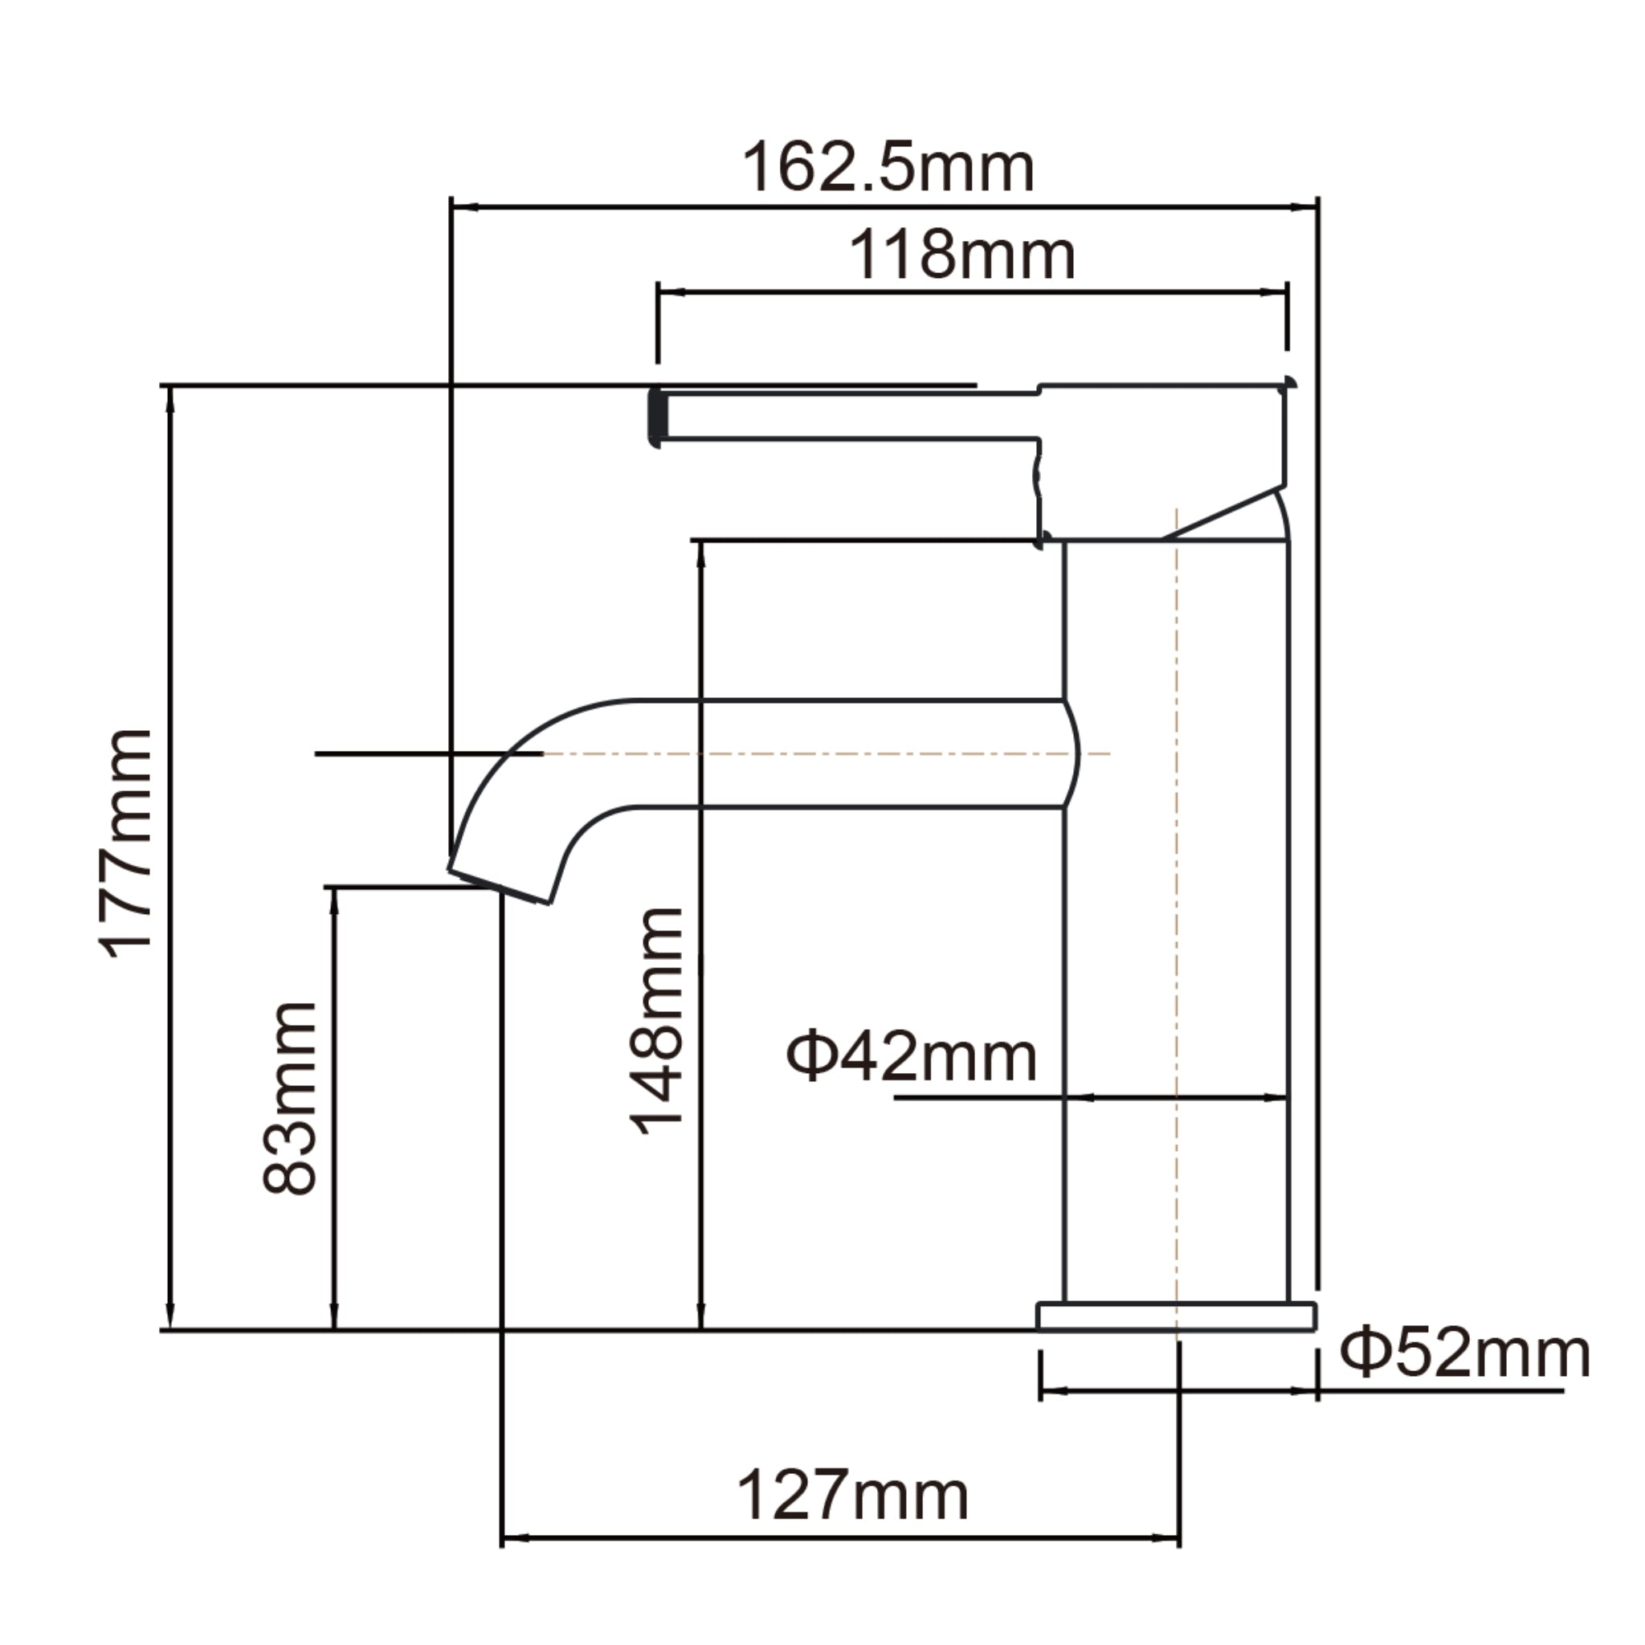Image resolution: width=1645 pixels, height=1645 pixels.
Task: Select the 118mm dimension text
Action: [x=962, y=255]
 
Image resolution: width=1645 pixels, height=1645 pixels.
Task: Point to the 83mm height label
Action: [x=290, y=1098]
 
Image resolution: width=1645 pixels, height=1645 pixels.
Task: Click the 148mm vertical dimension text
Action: [x=655, y=1022]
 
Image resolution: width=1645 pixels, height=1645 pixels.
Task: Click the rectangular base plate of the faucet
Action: [x=1175, y=1316]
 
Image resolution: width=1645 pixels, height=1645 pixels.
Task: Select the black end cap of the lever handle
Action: [x=655, y=417]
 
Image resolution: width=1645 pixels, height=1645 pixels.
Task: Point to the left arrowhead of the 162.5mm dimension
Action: [x=464, y=207]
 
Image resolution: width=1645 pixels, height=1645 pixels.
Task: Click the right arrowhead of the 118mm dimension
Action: [x=1274, y=292]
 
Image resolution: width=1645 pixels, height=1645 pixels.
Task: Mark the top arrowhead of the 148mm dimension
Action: [x=700, y=553]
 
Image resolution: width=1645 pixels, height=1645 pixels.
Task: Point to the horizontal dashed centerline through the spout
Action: [x=809, y=753]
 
